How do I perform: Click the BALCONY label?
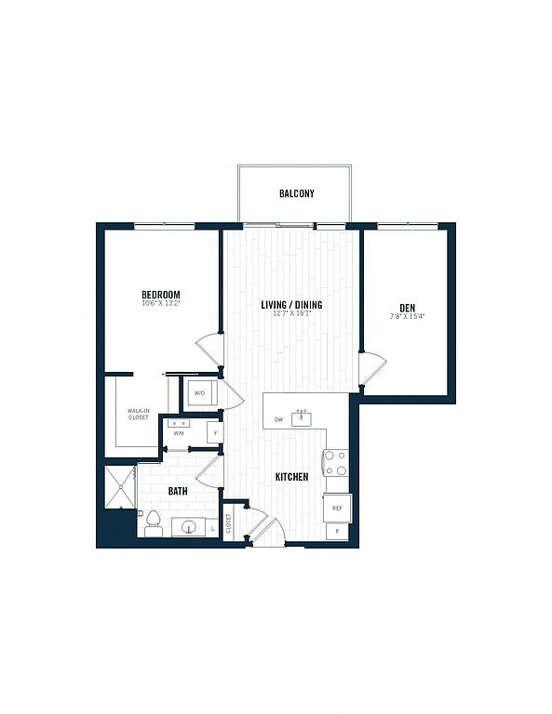(297, 194)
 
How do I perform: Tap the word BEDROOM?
(160, 295)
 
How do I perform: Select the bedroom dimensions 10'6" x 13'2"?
(160, 304)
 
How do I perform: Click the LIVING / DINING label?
(291, 304)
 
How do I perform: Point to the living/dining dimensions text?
(291, 314)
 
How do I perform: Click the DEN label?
(408, 308)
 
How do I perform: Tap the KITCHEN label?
(291, 477)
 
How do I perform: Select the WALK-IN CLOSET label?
(139, 413)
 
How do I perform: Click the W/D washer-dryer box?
(200, 393)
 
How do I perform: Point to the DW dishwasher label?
(278, 419)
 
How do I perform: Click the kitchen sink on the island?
(301, 418)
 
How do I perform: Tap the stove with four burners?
(335, 463)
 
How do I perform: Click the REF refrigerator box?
(337, 508)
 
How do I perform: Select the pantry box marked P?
(337, 531)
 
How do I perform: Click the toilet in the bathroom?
(154, 523)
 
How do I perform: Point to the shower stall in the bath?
(119, 487)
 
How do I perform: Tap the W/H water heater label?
(178, 432)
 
